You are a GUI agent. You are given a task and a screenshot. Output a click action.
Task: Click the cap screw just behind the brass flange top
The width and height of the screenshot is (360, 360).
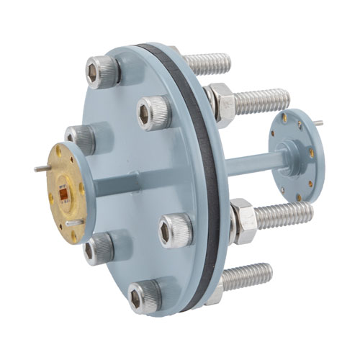(80, 137)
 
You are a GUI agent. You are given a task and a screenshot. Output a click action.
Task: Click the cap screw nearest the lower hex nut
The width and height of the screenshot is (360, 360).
(176, 230)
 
